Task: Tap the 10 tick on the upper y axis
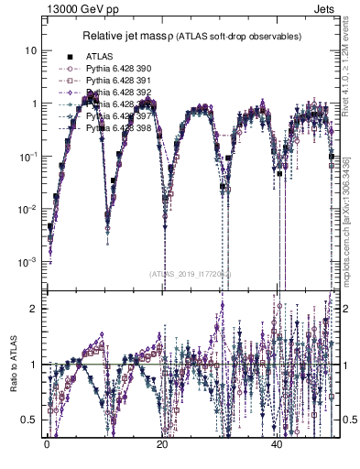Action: click(x=30, y=50)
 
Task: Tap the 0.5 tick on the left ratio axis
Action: click(x=30, y=420)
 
